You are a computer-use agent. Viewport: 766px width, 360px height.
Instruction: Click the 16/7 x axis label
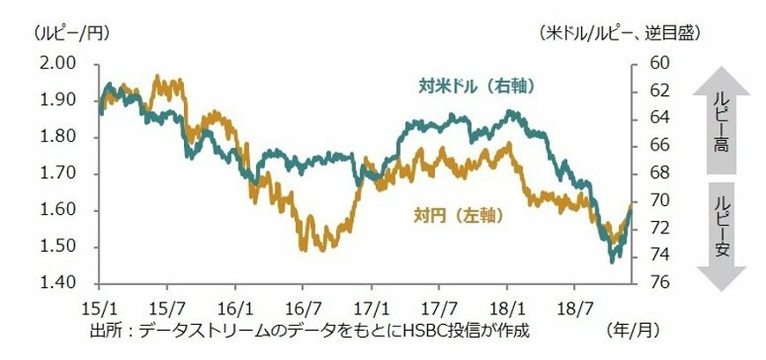pyautogui.click(x=302, y=311)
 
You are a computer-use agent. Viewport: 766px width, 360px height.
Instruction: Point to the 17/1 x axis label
pyautogui.click(x=370, y=311)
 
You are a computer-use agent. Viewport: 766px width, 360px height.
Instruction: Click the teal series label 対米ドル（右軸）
pyautogui.click(x=476, y=86)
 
